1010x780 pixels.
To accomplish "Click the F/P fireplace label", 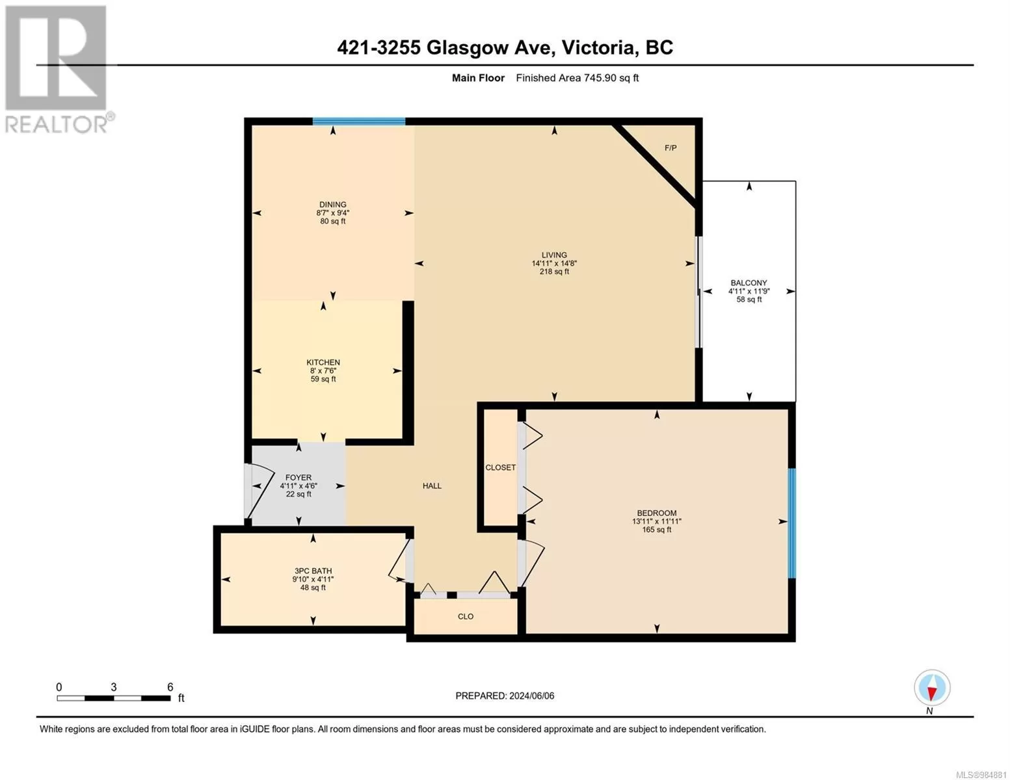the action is click(671, 148).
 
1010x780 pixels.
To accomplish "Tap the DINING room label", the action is click(333, 204).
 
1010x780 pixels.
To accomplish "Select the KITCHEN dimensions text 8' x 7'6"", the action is click(323, 370).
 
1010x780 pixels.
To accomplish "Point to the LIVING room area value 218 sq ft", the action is click(554, 272).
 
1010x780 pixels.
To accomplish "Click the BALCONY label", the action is click(749, 283).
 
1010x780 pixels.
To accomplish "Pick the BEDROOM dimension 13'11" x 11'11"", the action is click(656, 521).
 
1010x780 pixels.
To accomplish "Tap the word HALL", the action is click(432, 486).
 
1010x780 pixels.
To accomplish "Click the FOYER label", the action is click(299, 478).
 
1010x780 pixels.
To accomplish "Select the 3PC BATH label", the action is click(313, 571).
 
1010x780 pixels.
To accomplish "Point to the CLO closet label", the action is click(465, 616).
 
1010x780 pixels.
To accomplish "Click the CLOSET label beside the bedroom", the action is click(500, 467).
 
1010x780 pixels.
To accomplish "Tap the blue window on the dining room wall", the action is click(359, 122).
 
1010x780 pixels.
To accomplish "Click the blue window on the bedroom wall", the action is click(792, 523).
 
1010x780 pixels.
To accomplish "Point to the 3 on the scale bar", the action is click(113, 687).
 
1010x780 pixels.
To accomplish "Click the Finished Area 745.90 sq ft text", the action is click(577, 78).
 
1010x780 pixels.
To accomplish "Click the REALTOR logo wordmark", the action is click(56, 124).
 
